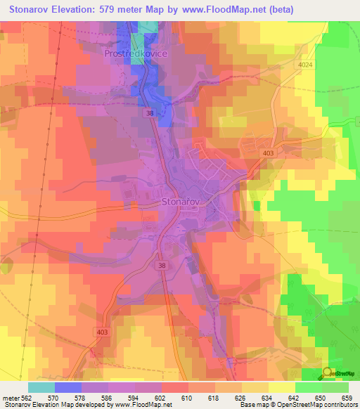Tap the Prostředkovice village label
tap(134, 53)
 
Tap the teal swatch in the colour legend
tap(41, 387)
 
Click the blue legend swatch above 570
tap(68, 387)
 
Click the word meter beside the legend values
tap(12, 397)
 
